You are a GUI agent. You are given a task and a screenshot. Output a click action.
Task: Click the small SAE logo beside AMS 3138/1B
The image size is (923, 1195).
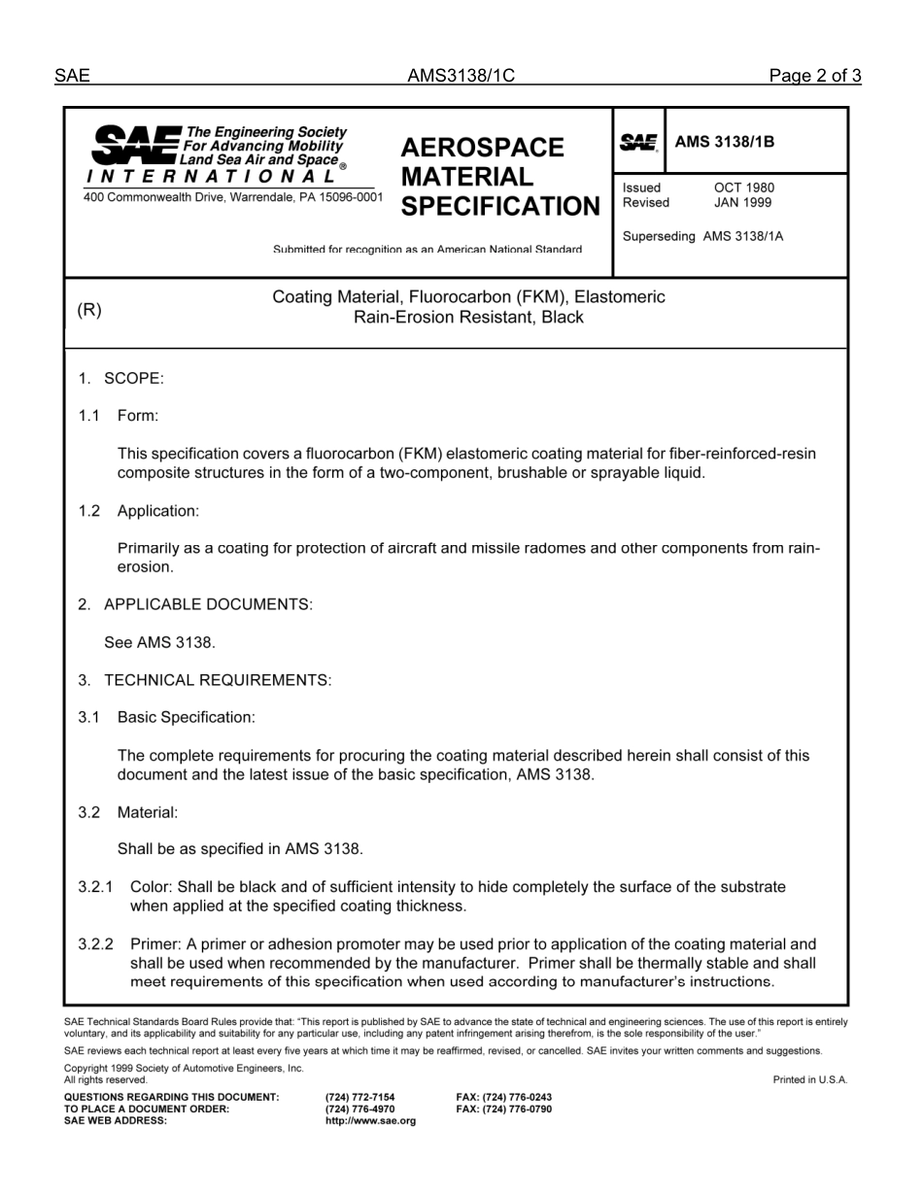coord(638,143)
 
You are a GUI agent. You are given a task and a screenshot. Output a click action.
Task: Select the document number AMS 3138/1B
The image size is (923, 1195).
coord(725,142)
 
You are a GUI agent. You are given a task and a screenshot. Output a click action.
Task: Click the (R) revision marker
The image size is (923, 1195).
coord(89,310)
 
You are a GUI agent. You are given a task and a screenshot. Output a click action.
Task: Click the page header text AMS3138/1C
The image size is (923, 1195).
coord(461,77)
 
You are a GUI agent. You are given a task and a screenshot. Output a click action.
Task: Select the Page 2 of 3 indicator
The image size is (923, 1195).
coord(814,77)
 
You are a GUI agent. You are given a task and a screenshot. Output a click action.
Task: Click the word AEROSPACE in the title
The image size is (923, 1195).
coord(482,148)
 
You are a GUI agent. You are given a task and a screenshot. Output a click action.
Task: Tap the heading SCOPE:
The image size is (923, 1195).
coord(133,378)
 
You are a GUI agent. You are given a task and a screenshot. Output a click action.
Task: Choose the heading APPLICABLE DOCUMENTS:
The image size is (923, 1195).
coord(208,604)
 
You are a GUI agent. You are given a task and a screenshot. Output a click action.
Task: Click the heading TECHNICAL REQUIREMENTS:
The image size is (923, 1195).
coord(217,680)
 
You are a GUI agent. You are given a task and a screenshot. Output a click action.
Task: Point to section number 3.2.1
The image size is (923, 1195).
coord(95,887)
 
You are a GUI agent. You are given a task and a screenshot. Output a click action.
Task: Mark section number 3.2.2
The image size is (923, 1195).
coord(95,944)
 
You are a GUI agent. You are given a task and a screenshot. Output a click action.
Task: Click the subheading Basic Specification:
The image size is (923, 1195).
coord(186,717)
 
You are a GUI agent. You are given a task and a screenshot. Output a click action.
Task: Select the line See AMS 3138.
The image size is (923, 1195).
coord(159,642)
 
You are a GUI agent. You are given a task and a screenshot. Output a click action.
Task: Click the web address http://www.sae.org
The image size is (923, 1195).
coord(370,1120)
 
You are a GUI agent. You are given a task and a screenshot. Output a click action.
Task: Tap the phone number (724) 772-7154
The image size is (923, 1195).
coord(359,1097)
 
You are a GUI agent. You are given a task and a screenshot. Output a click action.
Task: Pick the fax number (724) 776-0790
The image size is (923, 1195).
coord(503,1109)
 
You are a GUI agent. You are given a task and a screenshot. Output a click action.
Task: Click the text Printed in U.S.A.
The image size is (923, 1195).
coord(810,1079)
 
